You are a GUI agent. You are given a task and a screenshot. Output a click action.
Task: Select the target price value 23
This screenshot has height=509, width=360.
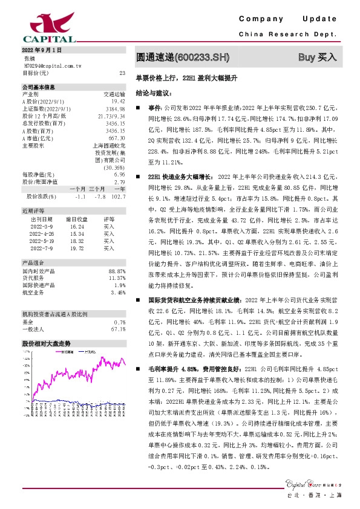coord(122,73)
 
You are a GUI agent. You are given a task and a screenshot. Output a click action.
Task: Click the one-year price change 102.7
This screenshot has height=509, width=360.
coord(118,196)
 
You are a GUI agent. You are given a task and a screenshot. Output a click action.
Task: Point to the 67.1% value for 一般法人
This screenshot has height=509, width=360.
coord(118,329)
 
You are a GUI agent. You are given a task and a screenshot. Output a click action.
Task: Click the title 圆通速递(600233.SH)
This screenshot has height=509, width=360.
coord(182,57)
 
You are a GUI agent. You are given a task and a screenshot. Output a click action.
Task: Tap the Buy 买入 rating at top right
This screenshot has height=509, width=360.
coord(317,57)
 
